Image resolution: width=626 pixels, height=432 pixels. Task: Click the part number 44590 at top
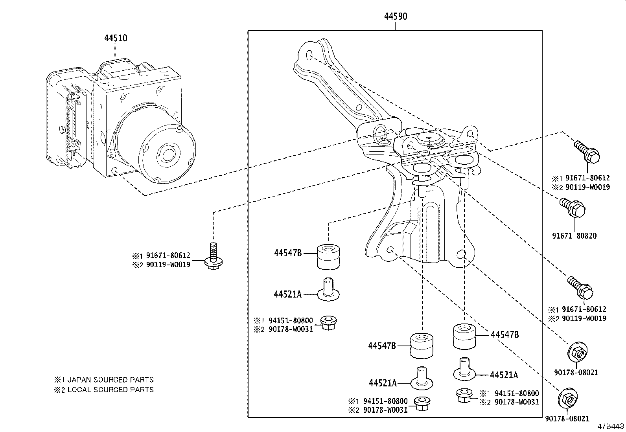coord(395,16)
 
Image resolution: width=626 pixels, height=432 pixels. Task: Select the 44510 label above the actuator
coord(116,38)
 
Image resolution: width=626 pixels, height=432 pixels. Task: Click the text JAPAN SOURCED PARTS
coord(110,380)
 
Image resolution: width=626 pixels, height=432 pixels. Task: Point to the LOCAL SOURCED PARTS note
coord(110,390)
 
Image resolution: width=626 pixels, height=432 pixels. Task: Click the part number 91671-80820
coord(574,236)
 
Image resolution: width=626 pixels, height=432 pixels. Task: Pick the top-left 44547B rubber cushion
coord(329,257)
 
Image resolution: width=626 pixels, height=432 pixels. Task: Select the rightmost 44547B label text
coord(504,335)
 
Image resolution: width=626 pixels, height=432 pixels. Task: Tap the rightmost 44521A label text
coord(504,375)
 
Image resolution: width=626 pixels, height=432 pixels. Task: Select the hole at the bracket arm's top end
coord(309,54)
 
